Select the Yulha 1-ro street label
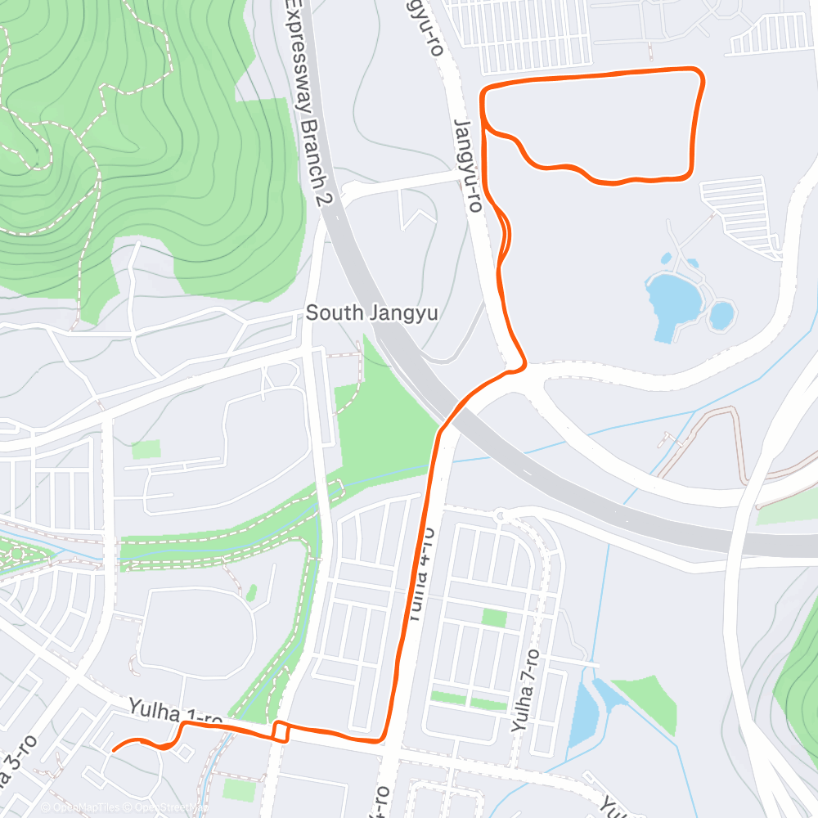click(174, 712)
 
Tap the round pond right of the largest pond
click(721, 314)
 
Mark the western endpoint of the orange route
click(112, 748)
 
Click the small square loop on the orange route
click(280, 731)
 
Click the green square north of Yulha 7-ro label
click(494, 618)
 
